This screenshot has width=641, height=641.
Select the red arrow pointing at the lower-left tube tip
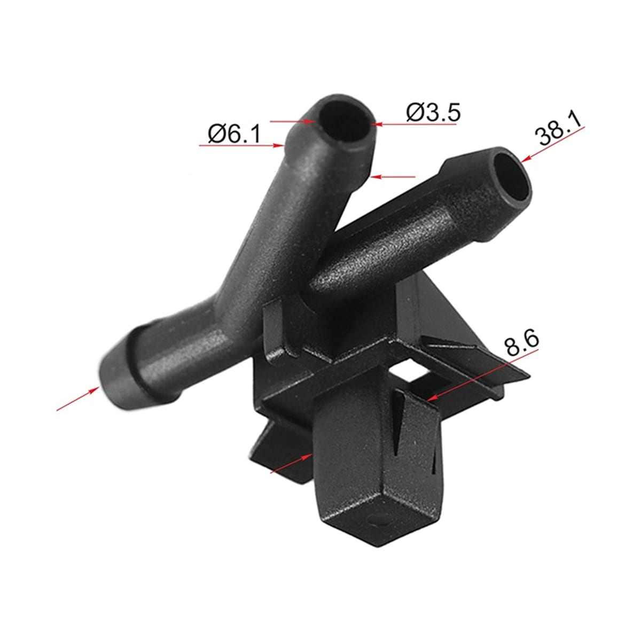click(78, 399)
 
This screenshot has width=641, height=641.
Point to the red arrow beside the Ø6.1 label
click(242, 145)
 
